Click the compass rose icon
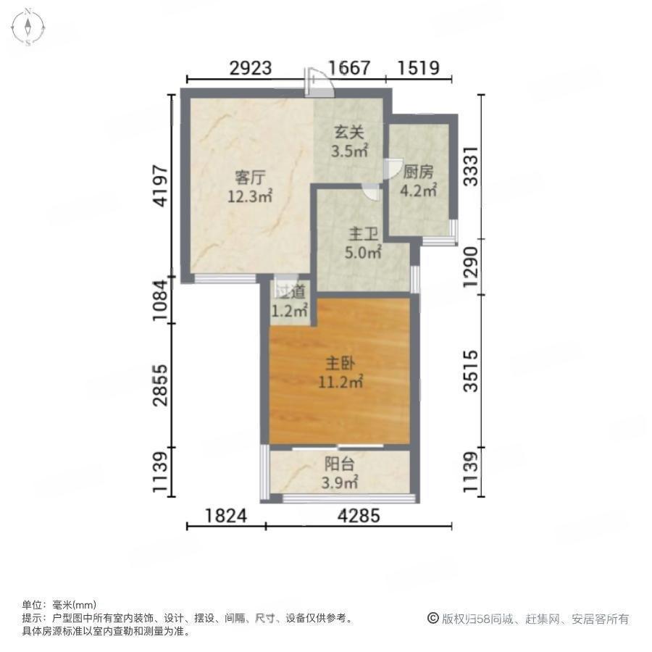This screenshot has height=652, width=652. click(x=28, y=28)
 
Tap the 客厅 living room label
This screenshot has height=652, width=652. click(x=250, y=177)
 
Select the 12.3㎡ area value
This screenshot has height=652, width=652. click(x=249, y=196)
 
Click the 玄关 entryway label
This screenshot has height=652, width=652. click(x=349, y=133)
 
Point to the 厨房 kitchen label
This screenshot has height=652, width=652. click(x=418, y=172)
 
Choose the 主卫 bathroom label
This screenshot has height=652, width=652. click(x=363, y=234)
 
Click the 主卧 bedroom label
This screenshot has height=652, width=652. click(x=340, y=363)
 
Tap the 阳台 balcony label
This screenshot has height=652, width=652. click(x=339, y=464)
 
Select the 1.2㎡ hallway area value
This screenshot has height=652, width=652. click(x=289, y=310)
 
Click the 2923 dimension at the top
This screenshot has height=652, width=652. click(x=251, y=68)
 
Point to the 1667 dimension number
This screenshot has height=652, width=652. click(x=349, y=68)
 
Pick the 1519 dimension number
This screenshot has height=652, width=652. click(x=418, y=68)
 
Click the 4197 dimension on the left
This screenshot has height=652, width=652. click(x=161, y=186)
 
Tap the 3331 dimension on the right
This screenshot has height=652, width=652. click(x=471, y=167)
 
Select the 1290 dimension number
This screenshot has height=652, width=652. click(x=471, y=267)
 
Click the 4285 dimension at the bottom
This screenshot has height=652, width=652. click(x=359, y=516)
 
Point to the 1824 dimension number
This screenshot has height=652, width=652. click(x=226, y=516)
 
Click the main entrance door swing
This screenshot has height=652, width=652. click(x=319, y=83)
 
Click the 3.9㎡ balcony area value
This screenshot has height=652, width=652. click(x=339, y=482)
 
